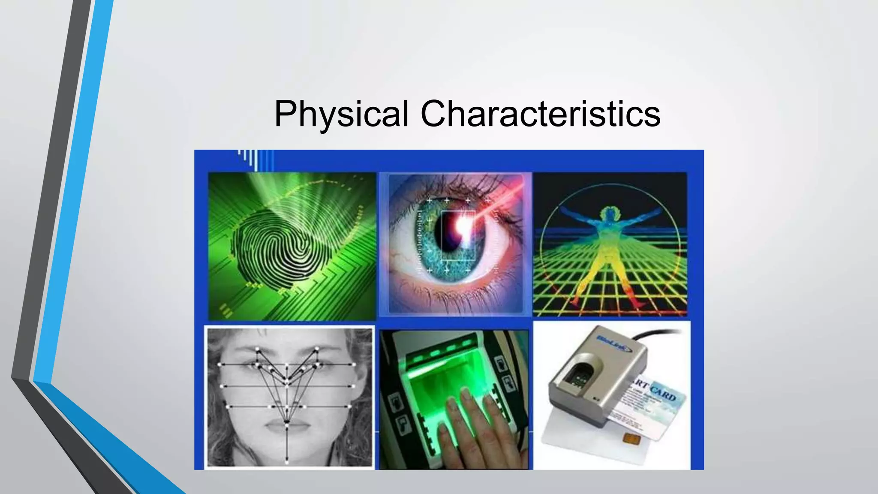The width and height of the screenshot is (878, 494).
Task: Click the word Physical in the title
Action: (341, 114)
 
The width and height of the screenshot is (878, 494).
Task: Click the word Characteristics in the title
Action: (540, 114)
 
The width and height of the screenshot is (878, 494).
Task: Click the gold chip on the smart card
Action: (629, 438)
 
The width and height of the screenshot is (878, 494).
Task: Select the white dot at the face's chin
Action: (287, 462)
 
